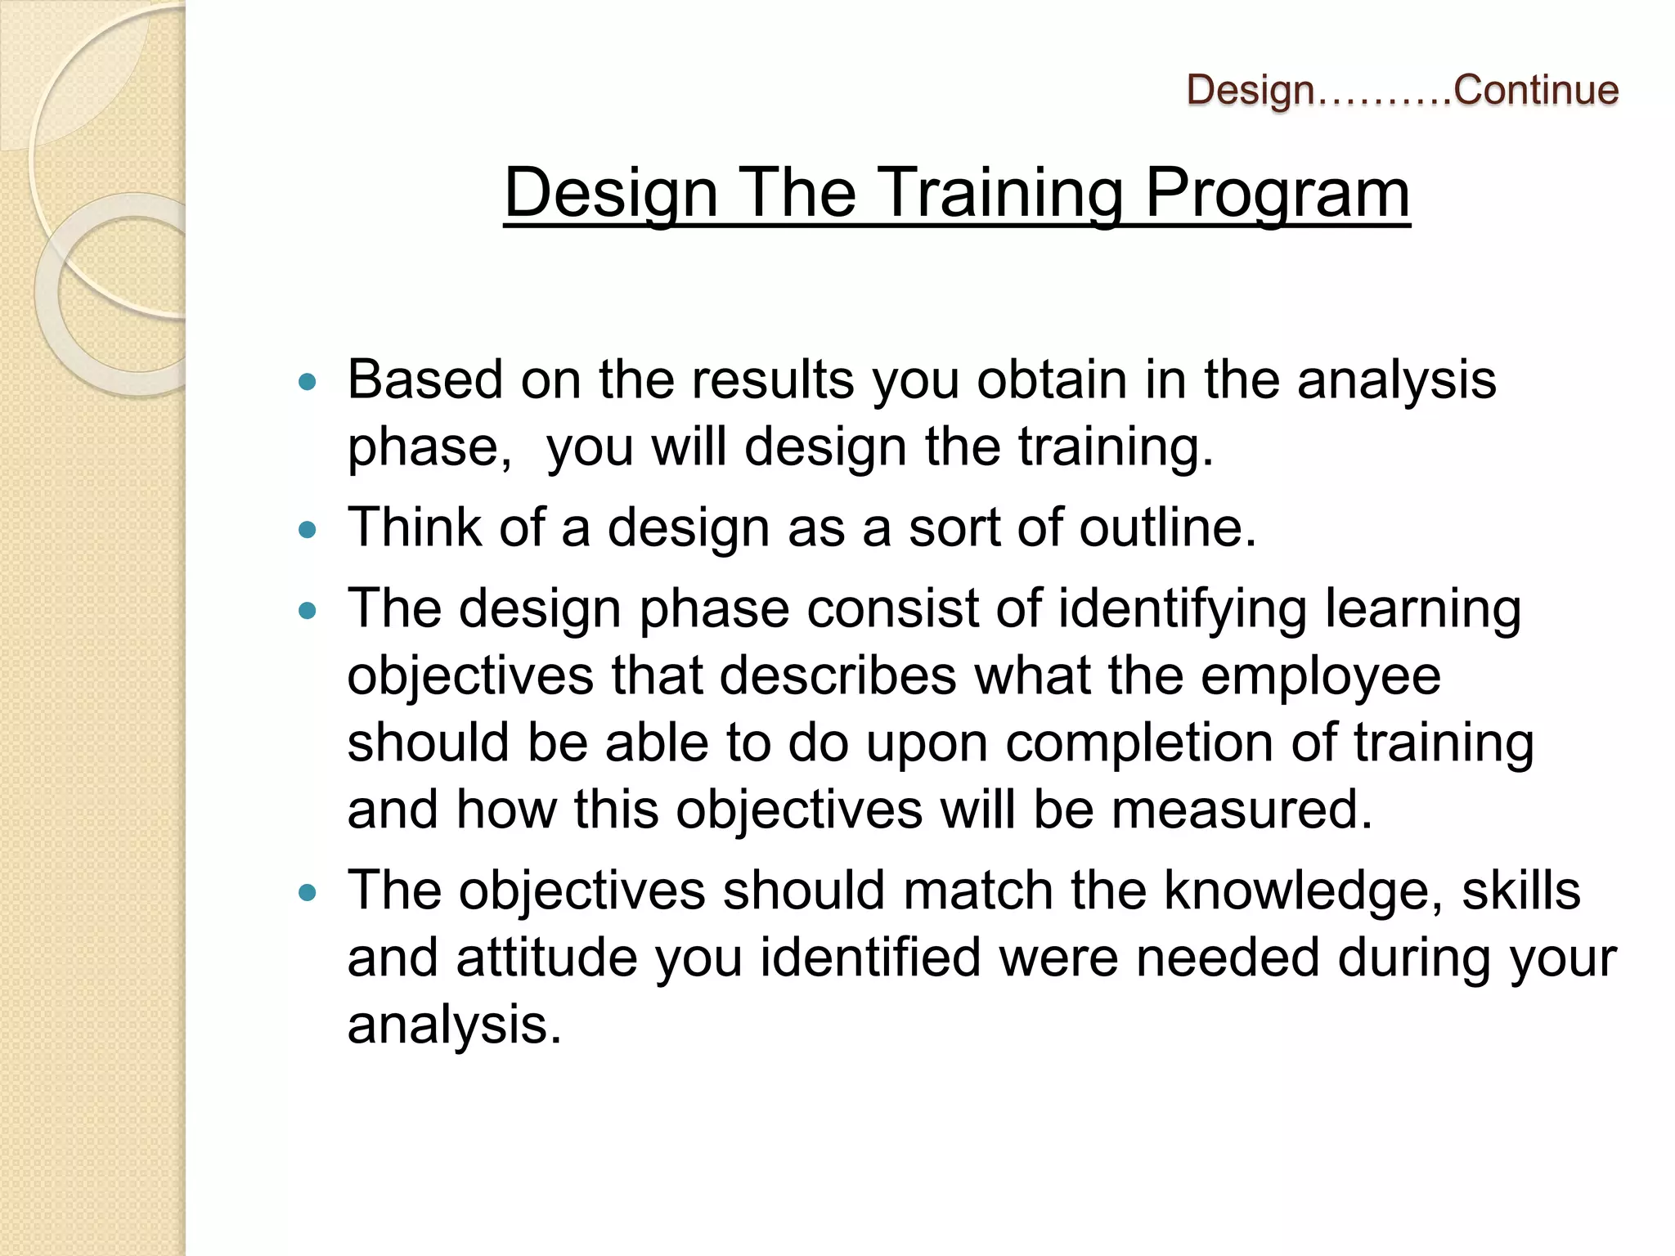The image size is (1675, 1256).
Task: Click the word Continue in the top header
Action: pos(1536,90)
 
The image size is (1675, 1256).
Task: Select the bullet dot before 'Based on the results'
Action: pos(308,381)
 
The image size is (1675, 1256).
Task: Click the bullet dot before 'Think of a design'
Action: pos(308,530)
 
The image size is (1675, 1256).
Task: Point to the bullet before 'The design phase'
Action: pos(308,611)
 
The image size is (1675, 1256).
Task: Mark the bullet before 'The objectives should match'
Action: pos(308,892)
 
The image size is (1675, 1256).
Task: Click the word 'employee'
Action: pos(1320,677)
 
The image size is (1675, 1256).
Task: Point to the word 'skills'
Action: pos(1521,890)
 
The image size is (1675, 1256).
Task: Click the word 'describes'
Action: pos(837,676)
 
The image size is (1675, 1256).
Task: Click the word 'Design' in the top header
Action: pos(1250,90)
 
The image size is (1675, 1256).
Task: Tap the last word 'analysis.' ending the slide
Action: pos(455,1025)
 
